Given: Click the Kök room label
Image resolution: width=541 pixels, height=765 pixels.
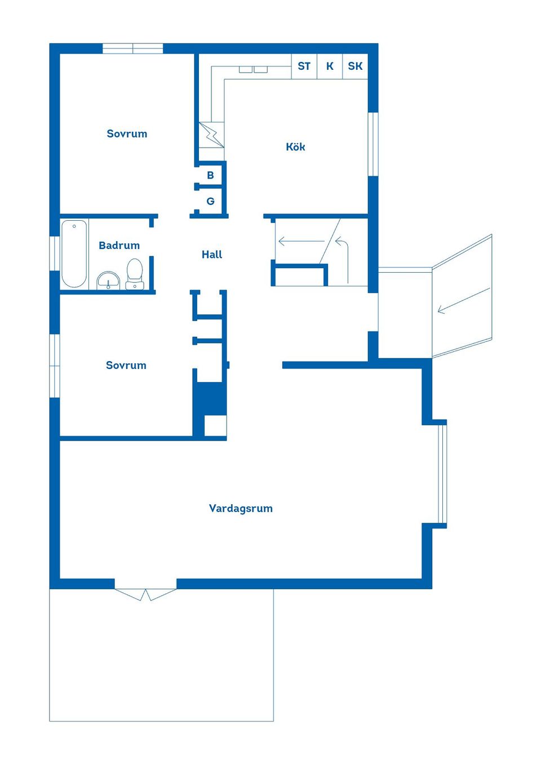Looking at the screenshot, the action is (x=295, y=147).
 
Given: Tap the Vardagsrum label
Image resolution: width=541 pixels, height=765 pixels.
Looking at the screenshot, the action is (x=241, y=508).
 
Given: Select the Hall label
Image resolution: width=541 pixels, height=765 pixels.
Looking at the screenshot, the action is (x=212, y=255).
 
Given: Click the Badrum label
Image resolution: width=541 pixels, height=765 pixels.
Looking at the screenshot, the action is (x=119, y=245).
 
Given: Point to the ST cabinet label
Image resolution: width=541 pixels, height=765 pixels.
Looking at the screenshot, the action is (x=304, y=66).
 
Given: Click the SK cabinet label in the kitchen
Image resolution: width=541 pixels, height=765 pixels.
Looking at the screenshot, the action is (x=355, y=66).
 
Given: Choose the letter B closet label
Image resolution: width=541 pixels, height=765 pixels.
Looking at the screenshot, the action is (x=210, y=175).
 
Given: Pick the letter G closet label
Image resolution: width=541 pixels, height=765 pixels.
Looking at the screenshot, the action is (x=210, y=201).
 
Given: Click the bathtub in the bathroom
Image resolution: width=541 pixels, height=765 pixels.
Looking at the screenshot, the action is (x=74, y=253).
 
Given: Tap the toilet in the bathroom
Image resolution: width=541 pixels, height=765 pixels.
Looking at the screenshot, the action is (x=135, y=274).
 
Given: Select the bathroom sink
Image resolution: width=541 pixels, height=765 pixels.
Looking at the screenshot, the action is (x=109, y=281).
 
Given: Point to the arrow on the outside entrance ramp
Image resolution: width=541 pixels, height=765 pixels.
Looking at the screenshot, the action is (x=464, y=301).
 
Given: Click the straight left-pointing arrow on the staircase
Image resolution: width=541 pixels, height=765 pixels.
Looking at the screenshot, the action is (x=301, y=242).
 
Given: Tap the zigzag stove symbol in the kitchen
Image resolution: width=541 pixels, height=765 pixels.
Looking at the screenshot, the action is (x=212, y=135).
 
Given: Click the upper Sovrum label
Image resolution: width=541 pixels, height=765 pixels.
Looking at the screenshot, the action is (x=127, y=134).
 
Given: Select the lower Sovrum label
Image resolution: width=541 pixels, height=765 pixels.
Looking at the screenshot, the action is (x=126, y=365).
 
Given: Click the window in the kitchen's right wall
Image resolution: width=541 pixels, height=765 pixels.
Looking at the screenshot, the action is (x=373, y=144).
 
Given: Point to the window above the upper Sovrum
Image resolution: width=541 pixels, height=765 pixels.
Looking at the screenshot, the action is (x=132, y=48).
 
